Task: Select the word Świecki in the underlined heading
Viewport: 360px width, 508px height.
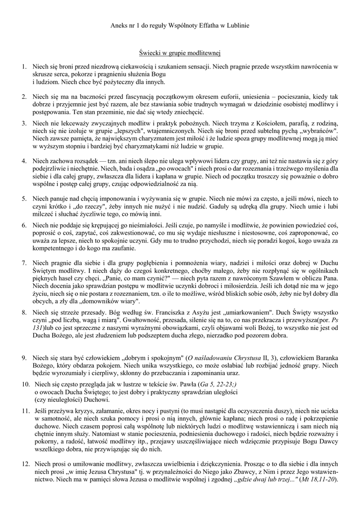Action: point(151,52)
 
